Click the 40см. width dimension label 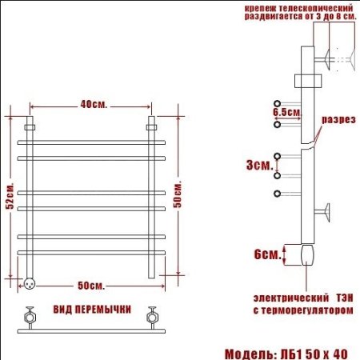(x=93, y=104)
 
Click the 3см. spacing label (x=258, y=165)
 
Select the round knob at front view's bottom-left (x=30, y=281)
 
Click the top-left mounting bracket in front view (x=30, y=126)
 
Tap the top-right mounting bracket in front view (x=150, y=126)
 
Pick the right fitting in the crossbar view (x=151, y=314)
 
